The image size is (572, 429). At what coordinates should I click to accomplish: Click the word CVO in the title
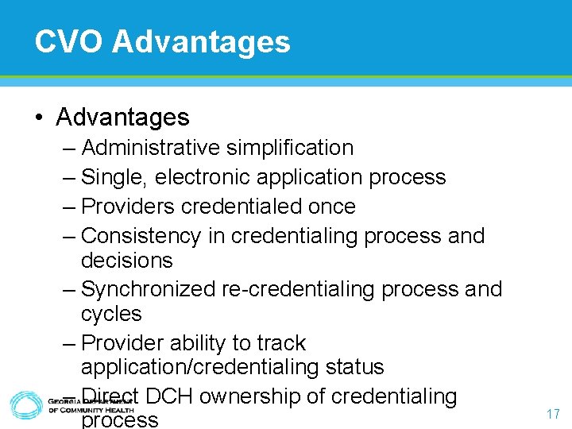tap(68, 41)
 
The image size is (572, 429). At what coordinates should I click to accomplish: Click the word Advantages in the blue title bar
tap(202, 41)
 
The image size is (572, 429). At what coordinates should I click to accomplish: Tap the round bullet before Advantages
tap(39, 118)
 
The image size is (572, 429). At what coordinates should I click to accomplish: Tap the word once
tap(332, 207)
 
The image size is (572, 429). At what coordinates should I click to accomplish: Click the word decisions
tap(126, 261)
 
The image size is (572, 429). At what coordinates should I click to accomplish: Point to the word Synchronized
tap(148, 289)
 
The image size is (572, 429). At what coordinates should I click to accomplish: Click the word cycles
tap(111, 314)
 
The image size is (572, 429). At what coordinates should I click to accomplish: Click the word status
tap(355, 367)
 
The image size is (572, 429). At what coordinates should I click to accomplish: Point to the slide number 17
tap(554, 414)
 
